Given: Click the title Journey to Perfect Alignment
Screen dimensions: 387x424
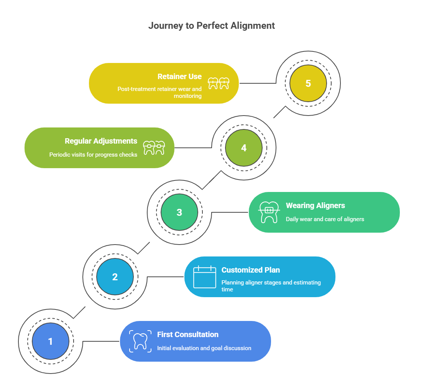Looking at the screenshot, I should point(212,26).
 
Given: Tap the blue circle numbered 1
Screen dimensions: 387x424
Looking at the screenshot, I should point(51,341).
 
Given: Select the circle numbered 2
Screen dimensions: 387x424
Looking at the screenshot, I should point(115,277).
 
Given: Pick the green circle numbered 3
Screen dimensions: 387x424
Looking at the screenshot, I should point(179,212).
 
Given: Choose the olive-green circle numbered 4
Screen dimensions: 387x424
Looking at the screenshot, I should point(244,148).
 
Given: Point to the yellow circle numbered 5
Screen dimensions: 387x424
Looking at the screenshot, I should point(308,83).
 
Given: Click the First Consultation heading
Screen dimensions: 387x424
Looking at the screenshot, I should point(188,334).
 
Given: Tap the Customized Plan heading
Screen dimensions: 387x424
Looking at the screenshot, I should point(251,270).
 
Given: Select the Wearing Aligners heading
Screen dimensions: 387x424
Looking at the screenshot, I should point(316,205).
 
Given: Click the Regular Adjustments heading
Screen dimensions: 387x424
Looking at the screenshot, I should point(101,141).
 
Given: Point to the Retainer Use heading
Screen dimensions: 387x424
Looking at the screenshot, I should point(179,76).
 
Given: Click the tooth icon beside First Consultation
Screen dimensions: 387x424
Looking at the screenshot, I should point(140,341).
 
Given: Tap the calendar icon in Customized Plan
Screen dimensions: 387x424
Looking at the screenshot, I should point(205,277).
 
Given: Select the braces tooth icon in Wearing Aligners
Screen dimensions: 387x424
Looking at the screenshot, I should point(269,212).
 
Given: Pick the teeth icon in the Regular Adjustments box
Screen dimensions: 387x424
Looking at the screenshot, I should point(154,148).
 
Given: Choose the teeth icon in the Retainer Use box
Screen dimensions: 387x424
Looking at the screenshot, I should point(218,83).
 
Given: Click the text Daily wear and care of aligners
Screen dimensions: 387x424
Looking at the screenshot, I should point(325,219).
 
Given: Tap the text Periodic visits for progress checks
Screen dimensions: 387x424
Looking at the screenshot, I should point(93,155).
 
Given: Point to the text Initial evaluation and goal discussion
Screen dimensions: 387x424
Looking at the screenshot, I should point(204,348).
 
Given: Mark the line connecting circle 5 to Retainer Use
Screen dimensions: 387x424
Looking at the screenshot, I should point(257,83).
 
